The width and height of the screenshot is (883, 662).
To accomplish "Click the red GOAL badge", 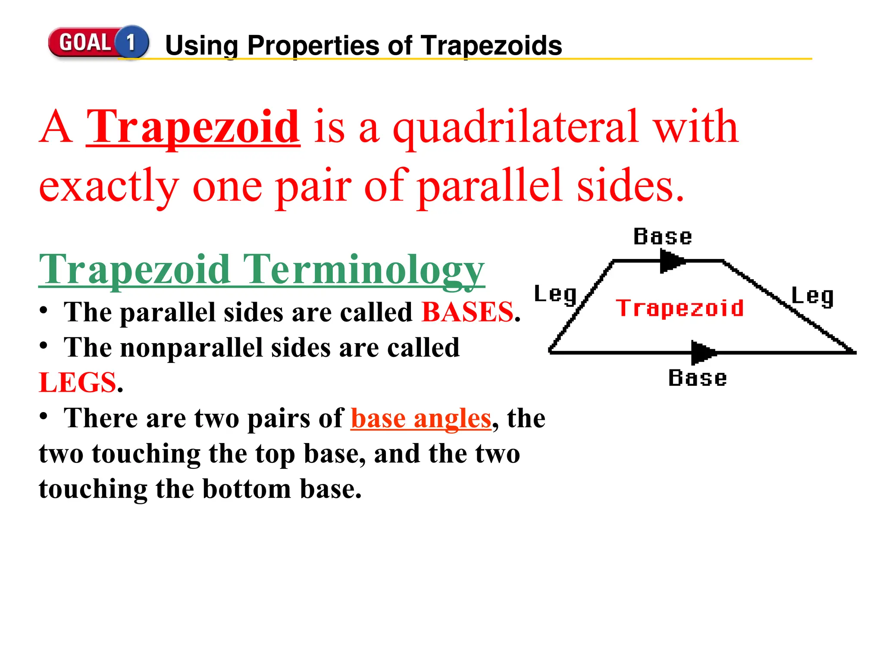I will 84,43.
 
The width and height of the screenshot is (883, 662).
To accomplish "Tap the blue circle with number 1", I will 131,42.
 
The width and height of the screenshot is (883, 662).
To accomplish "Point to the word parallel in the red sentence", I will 490,186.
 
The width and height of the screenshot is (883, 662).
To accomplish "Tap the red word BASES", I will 467,312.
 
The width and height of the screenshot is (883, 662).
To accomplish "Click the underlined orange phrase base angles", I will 421,418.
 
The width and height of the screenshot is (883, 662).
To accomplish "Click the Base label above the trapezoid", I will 663,237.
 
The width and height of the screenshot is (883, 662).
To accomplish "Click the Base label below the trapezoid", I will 697,378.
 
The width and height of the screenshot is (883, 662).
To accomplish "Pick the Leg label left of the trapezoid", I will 555,294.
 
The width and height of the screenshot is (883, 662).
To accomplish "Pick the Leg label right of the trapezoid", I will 812,297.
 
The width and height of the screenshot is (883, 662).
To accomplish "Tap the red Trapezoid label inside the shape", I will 679,308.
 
